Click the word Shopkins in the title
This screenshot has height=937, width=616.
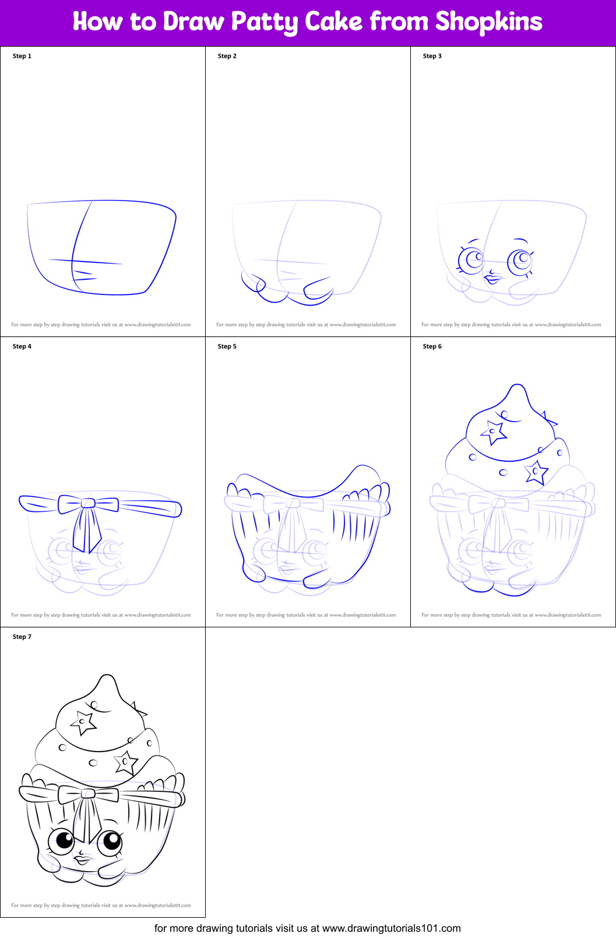click(488, 22)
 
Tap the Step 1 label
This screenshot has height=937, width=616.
click(22, 56)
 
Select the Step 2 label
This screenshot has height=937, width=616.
click(227, 56)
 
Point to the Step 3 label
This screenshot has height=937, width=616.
click(432, 56)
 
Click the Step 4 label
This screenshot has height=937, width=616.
click(22, 346)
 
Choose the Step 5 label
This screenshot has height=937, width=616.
click(227, 346)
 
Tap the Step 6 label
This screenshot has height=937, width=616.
click(432, 346)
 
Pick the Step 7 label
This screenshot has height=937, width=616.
click(22, 637)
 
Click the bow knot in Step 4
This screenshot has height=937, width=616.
click(88, 503)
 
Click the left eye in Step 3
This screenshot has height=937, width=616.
click(471, 259)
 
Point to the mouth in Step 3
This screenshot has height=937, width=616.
click(492, 279)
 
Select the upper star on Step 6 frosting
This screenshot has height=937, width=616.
click(493, 432)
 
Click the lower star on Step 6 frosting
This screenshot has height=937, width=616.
click(536, 472)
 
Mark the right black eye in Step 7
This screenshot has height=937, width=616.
click(109, 841)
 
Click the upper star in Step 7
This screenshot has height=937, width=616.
click(83, 722)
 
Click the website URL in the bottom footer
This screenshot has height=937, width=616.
click(391, 928)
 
